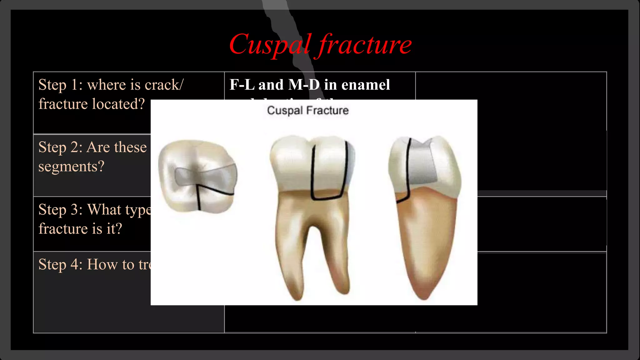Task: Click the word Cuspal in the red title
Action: coord(270,44)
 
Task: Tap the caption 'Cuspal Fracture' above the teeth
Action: coord(308,110)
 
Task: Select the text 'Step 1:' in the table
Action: coord(60,85)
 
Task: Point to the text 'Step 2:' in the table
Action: coord(60,147)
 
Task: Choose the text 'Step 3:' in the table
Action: coord(60,210)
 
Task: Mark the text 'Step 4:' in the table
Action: coord(60,264)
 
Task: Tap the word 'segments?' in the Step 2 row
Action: coord(71,167)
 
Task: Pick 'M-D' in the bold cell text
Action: coord(304,85)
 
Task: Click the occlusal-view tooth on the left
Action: coord(197,177)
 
